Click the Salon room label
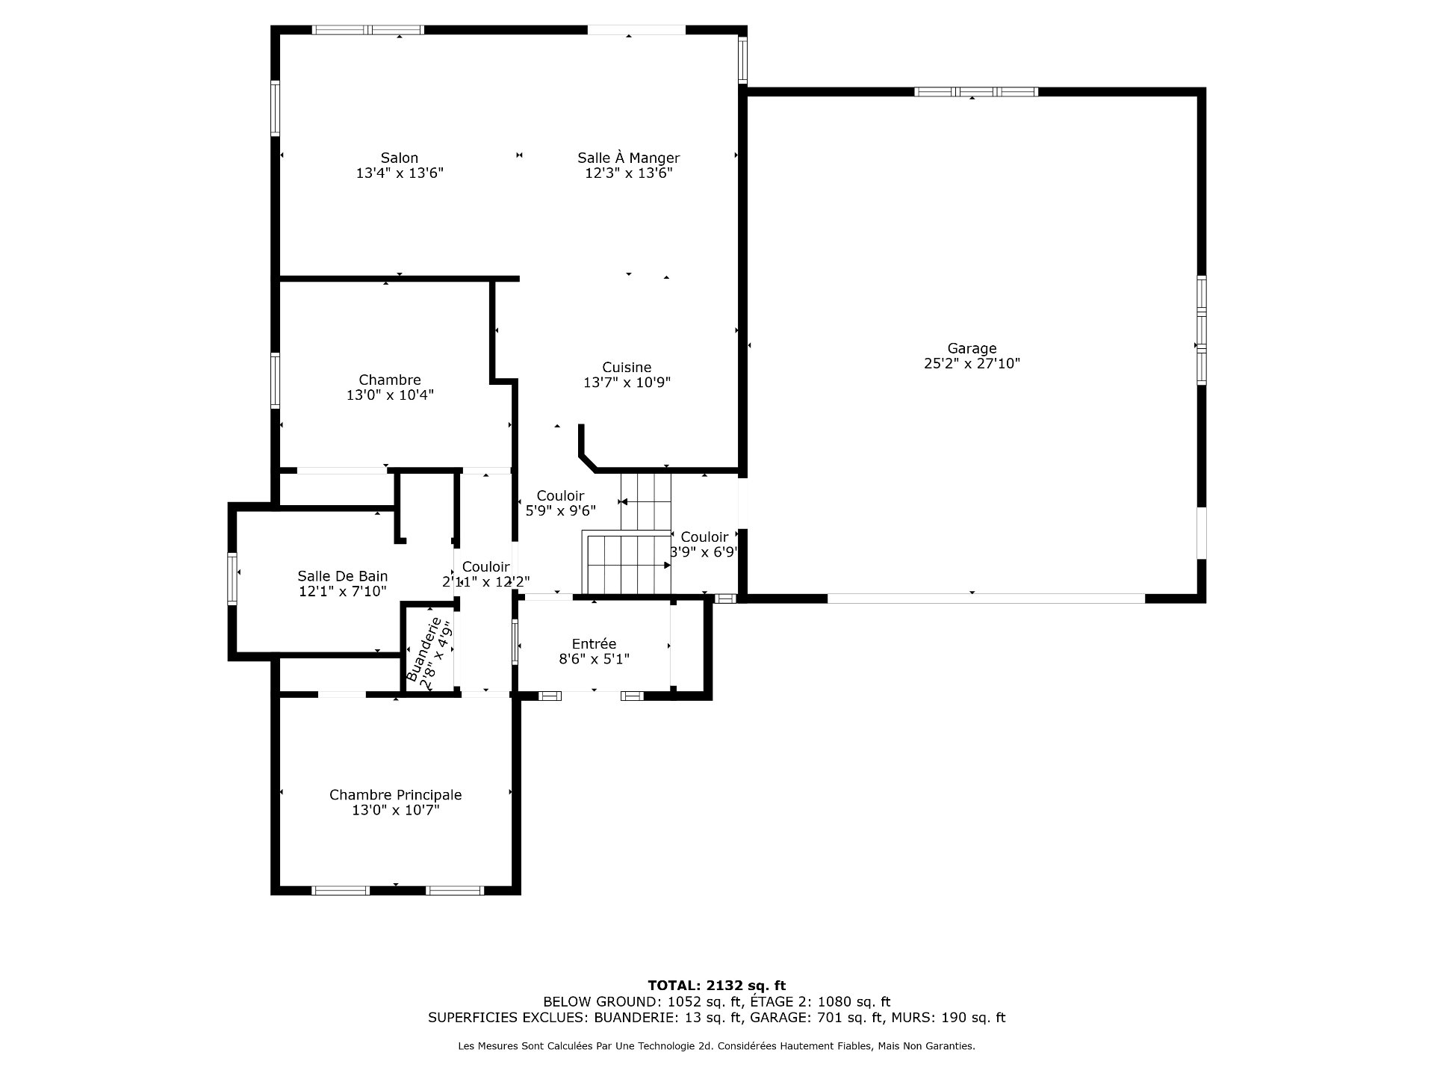point(400,158)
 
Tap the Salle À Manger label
point(628,158)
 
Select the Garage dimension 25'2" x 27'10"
point(972,364)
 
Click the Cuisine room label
point(627,368)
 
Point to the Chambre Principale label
point(395,795)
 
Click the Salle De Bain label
point(342,576)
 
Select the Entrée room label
point(594,644)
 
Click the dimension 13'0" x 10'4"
point(390,395)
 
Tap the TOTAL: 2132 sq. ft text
point(716,986)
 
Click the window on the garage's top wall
point(975,92)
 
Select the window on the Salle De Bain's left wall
point(232,578)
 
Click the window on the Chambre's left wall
point(275,380)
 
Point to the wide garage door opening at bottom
point(986,599)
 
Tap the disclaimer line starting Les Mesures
point(716,1046)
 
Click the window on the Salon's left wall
point(275,108)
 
